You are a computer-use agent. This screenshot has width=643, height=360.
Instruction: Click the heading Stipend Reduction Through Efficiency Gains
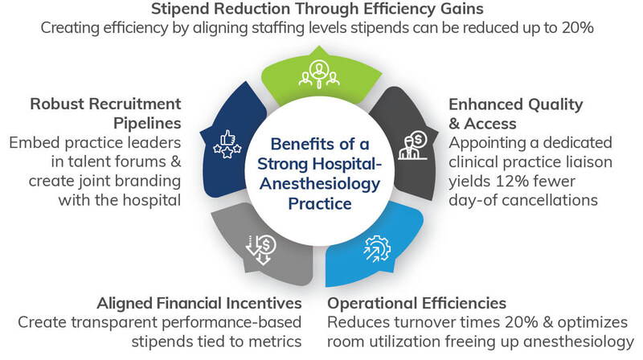click(x=320, y=10)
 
